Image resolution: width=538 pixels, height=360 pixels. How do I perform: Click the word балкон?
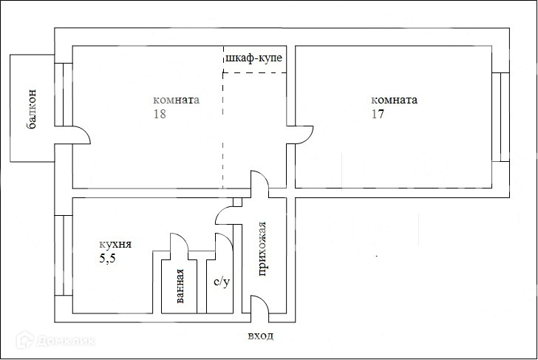[31, 109]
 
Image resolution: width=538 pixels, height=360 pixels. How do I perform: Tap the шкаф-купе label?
[254, 58]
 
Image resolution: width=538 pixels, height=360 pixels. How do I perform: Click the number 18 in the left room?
[160, 114]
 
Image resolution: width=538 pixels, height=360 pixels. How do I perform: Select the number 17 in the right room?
[378, 114]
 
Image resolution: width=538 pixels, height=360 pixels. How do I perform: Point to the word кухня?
[115, 245]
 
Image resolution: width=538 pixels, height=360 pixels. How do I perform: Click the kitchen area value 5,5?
[107, 259]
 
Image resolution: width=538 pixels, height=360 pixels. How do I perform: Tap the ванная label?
[180, 286]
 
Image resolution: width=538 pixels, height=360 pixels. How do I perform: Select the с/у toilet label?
[222, 282]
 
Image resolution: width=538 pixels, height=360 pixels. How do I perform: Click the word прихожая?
[262, 249]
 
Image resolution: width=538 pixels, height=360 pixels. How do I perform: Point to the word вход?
[261, 336]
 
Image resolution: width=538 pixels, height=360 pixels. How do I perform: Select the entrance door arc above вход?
[265, 302]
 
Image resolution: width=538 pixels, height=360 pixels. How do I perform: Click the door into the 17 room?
[308, 137]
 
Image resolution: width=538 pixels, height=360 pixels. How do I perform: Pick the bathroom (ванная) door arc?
[183, 239]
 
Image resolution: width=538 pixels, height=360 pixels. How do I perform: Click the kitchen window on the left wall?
[64, 255]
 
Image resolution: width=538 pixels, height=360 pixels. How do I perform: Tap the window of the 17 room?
[500, 117]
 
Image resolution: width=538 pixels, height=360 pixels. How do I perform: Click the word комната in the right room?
[394, 100]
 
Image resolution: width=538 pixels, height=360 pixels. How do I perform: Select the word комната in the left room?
[176, 100]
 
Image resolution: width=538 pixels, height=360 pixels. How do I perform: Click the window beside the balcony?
[64, 95]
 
